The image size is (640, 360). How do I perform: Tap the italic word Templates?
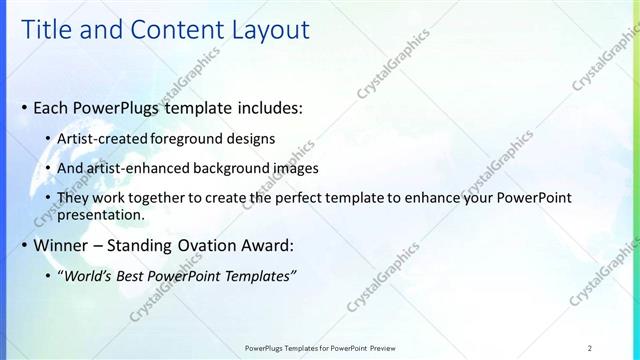pos(258,276)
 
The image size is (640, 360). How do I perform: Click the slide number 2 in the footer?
pos(590,348)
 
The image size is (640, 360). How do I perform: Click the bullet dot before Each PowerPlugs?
pos(23,106)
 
